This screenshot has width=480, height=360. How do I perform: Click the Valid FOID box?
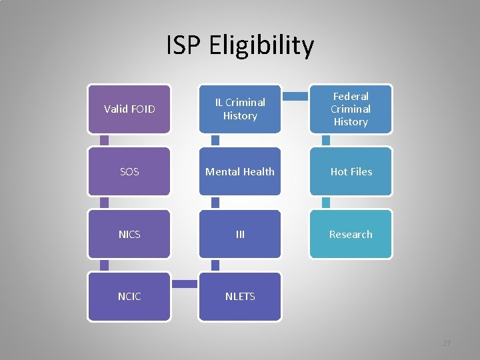(129, 109)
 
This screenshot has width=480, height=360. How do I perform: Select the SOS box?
(129, 171)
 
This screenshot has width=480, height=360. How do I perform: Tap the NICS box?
(129, 234)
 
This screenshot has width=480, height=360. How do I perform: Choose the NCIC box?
(129, 296)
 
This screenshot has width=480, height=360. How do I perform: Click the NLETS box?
(240, 296)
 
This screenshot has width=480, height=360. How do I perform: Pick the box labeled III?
(240, 234)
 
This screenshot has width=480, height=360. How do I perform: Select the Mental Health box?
(240, 171)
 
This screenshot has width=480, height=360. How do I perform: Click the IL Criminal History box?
(240, 109)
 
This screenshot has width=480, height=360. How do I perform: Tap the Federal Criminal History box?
(351, 109)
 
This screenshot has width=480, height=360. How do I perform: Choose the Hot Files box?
(351, 171)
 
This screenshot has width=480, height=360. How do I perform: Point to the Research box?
(351, 234)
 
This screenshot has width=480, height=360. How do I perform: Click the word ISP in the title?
(184, 46)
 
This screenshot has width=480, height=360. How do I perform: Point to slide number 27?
(447, 343)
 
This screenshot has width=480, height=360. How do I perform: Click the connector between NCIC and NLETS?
(185, 284)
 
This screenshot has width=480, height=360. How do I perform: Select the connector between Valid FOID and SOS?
(104, 140)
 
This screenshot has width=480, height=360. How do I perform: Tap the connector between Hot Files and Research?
(326, 203)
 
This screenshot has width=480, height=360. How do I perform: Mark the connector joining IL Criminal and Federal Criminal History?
(295, 97)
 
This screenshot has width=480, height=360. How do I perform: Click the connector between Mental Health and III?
(215, 203)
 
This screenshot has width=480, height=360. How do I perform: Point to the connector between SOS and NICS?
(104, 203)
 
